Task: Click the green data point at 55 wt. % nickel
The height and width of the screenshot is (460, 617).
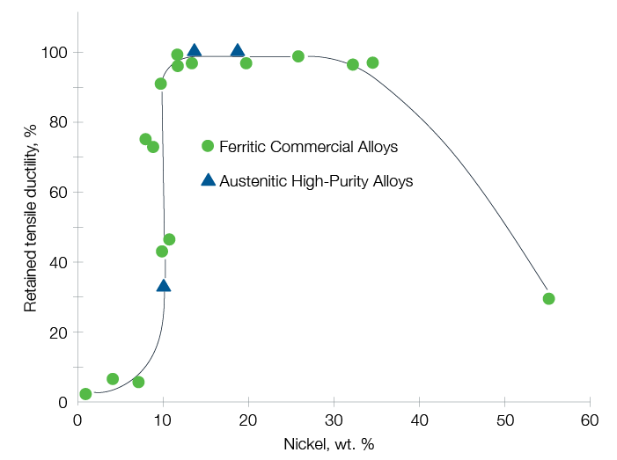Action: (x=548, y=299)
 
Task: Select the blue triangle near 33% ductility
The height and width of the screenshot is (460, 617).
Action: (x=163, y=285)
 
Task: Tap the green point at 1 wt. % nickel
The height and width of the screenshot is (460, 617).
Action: (x=85, y=394)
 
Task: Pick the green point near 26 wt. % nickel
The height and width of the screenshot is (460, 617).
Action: (x=298, y=56)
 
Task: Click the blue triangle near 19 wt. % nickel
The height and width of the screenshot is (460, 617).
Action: (x=238, y=50)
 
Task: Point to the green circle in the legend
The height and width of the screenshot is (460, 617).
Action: (x=208, y=146)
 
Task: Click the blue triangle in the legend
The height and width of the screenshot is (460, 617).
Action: (x=208, y=180)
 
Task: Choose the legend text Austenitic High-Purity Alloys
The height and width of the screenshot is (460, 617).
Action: (x=316, y=181)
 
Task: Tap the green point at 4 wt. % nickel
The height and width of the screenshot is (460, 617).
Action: (x=113, y=379)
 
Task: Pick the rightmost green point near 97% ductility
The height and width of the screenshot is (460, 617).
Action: (x=372, y=62)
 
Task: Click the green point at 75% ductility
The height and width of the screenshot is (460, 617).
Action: (x=145, y=139)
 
